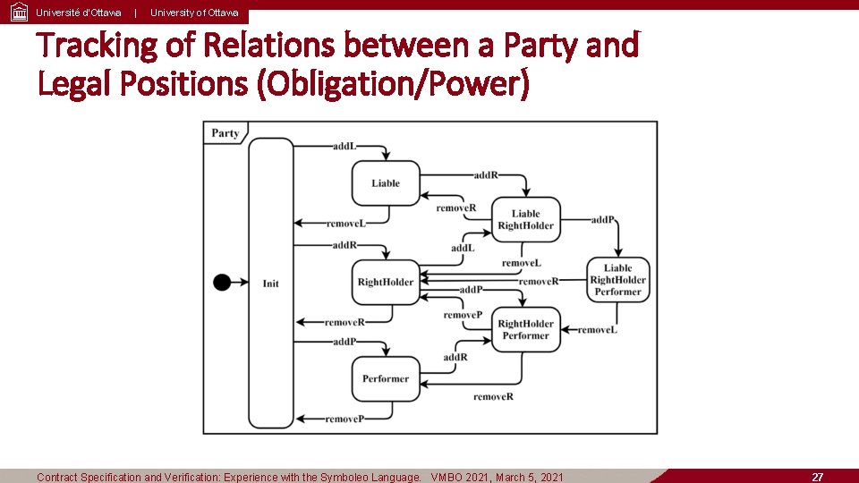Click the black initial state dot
point(222,283)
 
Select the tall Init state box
point(270,283)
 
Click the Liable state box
point(386,183)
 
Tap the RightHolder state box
point(386,283)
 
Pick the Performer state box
point(386,379)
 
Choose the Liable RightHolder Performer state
point(617,280)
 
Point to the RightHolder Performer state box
point(525,329)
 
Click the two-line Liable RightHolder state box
point(525,220)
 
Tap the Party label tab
point(225,133)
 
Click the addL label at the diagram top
point(344,146)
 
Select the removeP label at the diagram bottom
point(344,419)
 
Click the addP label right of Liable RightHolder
point(603,219)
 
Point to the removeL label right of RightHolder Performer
point(598,330)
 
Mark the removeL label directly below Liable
point(345,223)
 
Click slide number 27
point(817,477)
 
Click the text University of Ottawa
point(194,13)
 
